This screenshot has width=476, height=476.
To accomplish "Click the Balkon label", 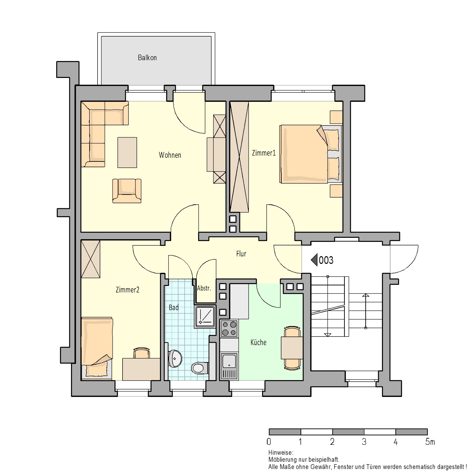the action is [147, 58].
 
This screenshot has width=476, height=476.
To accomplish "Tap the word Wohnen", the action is [170, 155].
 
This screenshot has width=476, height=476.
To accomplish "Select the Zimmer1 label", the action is [264, 153].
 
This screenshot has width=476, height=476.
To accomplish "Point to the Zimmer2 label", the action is [127, 290].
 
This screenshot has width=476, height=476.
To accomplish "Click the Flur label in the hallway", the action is [241, 254].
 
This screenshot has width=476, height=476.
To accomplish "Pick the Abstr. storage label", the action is [204, 288].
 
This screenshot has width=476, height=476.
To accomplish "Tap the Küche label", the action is [258, 342].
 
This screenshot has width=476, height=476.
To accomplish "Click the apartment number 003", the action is [326, 260].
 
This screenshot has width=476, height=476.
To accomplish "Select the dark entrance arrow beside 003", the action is [314, 260].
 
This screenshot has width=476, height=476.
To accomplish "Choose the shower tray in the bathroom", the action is [205, 317].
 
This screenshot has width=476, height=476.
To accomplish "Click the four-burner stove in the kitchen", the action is [229, 328].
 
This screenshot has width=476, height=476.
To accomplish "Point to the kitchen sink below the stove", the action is [229, 366].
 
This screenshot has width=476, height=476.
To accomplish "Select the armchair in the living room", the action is [127, 191].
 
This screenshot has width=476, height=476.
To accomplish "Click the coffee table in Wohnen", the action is [127, 153].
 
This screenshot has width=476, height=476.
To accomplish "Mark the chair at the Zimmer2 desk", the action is [141, 353].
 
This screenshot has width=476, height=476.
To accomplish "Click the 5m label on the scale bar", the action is [430, 442].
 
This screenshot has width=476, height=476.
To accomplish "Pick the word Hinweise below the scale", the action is [281, 453].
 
